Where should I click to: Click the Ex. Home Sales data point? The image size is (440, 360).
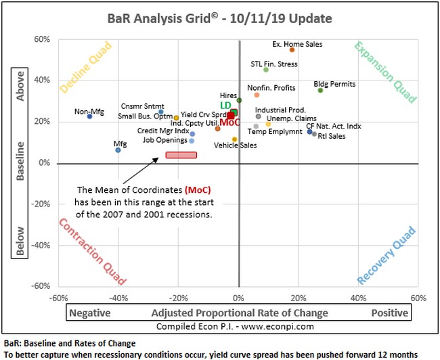click(292, 49)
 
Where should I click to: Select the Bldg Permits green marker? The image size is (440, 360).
click(320, 90)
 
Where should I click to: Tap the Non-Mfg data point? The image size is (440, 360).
click(89, 116)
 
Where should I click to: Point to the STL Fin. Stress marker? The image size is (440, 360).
click(265, 70)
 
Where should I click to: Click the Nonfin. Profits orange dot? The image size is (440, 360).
click(257, 95)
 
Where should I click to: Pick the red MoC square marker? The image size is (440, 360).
click(231, 116)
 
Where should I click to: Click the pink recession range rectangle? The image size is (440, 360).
click(181, 155)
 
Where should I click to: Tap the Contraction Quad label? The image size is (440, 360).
click(93, 251)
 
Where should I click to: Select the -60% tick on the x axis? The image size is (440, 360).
click(59, 298)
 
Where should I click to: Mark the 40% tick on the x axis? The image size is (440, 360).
click(358, 298)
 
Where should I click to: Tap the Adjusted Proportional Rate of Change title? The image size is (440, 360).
click(239, 313)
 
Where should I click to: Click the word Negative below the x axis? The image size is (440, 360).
click(90, 313)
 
